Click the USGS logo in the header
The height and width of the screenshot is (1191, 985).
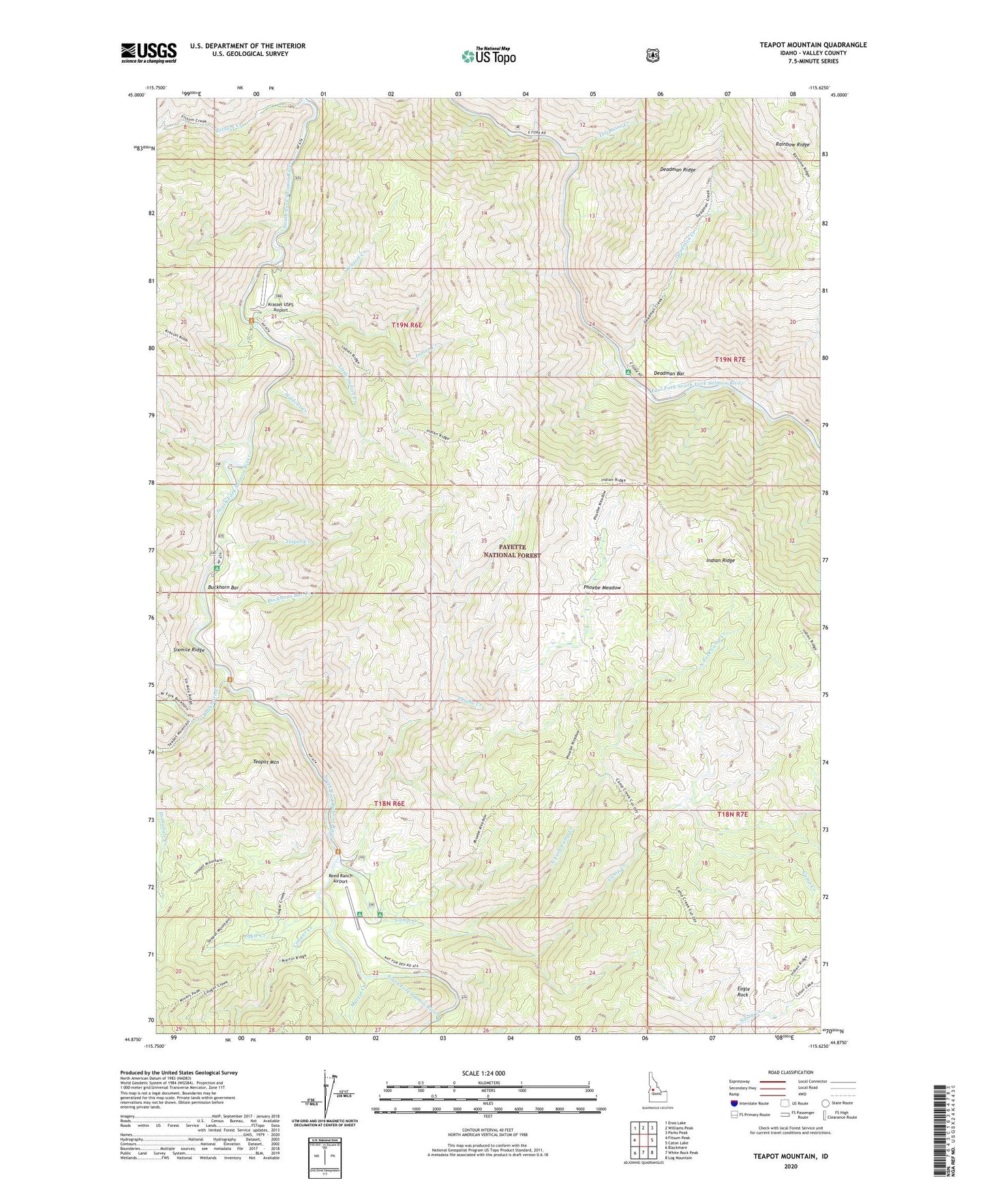[149, 53]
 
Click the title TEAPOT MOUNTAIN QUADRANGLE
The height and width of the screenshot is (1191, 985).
[813, 45]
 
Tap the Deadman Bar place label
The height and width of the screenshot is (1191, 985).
[669, 374]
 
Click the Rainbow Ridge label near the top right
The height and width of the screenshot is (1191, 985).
[792, 145]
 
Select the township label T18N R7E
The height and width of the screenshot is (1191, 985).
[732, 814]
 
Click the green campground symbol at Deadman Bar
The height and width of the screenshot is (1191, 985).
[628, 372]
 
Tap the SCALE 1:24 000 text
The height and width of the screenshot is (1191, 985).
[483, 1073]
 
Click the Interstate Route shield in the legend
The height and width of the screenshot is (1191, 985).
[733, 1103]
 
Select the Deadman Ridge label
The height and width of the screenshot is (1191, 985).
[678, 169]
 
